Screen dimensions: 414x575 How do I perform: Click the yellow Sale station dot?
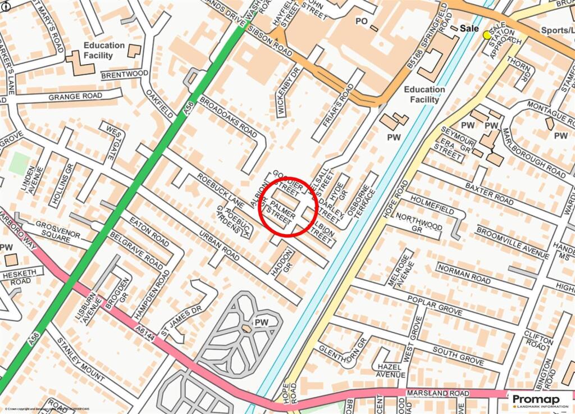[x=487, y=35]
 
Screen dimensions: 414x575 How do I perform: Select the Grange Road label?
[x=75, y=96]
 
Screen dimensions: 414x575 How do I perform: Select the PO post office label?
[x=361, y=21]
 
